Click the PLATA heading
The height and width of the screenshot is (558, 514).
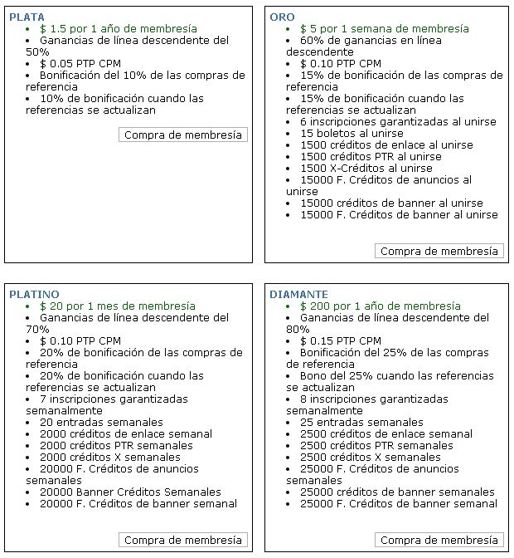click(x=27, y=17)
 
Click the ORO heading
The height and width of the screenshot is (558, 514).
click(x=282, y=17)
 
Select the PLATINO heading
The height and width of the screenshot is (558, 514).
click(x=34, y=294)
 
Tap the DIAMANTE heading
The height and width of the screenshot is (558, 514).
click(x=298, y=294)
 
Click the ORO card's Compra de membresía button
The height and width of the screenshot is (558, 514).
click(x=439, y=251)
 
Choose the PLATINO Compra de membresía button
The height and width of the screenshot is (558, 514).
click(x=183, y=540)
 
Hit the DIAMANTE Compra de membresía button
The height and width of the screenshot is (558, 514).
click(x=439, y=540)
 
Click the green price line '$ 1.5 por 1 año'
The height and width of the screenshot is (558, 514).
click(x=118, y=28)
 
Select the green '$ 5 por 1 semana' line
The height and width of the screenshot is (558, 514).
click(x=384, y=28)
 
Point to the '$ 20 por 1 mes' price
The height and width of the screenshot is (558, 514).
click(x=117, y=306)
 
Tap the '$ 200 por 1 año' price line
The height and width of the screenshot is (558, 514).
click(x=380, y=306)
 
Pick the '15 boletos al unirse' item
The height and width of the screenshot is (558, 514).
click(x=352, y=133)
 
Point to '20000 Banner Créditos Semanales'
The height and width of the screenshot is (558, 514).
click(x=130, y=492)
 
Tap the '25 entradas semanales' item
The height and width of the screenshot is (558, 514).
click(x=361, y=422)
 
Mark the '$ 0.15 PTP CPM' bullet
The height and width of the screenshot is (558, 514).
click(x=341, y=340)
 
